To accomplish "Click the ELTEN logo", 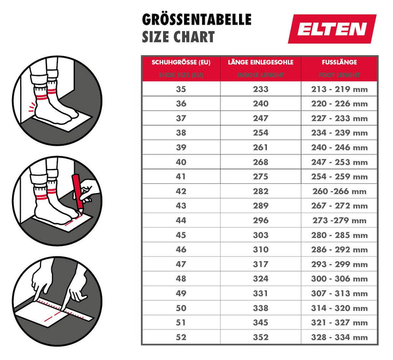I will point(332,29).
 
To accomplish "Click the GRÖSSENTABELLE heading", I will point(196,20).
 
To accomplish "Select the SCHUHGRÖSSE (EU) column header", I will point(181,62).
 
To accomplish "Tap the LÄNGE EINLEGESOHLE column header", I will point(260,62).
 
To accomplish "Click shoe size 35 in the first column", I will point(181,89).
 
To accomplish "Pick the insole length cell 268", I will point(260,162).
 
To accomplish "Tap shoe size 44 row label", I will point(181,220).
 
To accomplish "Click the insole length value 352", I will point(260,338).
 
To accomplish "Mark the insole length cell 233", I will point(260,89).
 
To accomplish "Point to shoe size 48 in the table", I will point(181,279).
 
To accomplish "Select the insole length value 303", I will point(260,235).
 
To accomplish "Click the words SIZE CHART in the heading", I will point(178,37).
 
